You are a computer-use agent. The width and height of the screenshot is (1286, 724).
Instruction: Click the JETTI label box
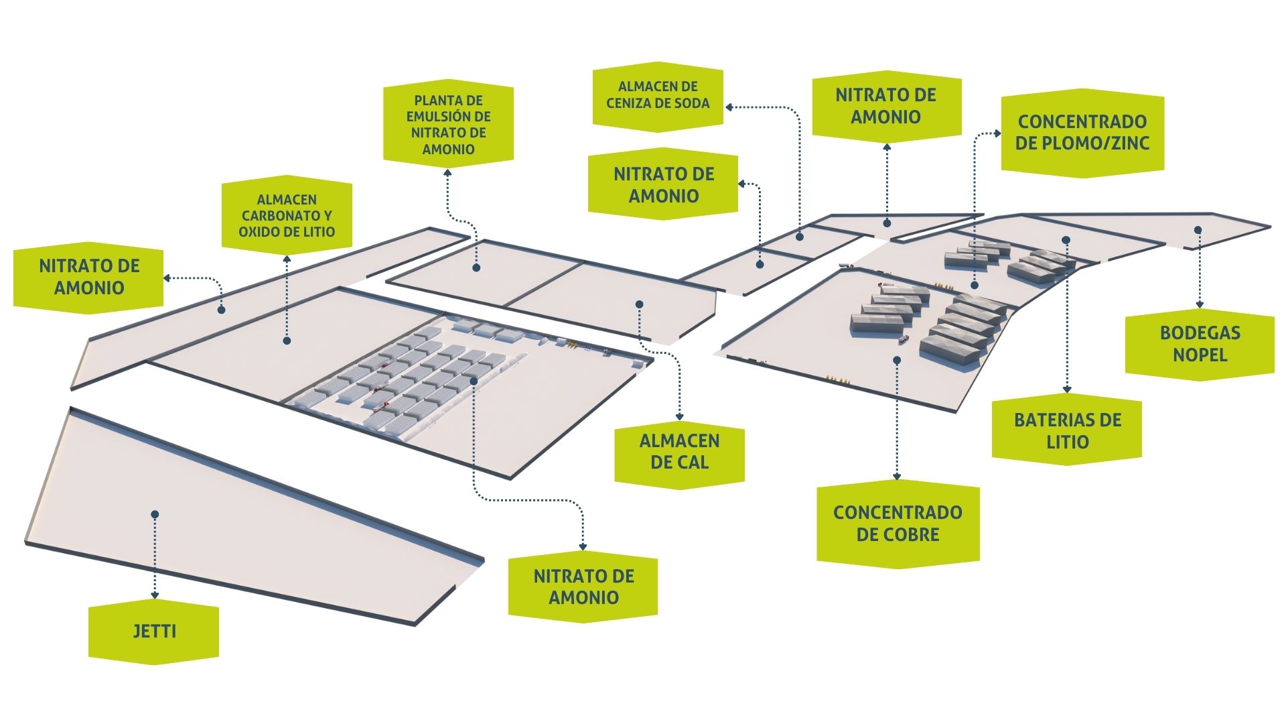tap(154, 631)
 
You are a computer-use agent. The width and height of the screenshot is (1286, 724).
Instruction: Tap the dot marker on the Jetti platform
tap(155, 514)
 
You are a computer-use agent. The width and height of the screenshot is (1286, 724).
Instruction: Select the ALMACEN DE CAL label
tap(679, 451)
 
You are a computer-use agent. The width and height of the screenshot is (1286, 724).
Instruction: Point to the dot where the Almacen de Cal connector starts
tap(639, 304)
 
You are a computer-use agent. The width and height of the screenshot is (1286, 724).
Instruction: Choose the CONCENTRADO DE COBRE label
tap(898, 524)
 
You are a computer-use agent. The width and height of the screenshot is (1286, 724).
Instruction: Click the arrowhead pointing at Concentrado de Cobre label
tap(898, 477)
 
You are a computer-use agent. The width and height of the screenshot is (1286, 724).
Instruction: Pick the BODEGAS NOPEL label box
tap(1200, 343)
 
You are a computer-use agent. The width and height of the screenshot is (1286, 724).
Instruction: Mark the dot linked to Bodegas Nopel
tap(1198, 230)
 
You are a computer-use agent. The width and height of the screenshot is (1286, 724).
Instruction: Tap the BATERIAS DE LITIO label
tap(1067, 430)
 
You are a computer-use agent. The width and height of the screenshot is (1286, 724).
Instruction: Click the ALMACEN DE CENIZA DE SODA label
tap(657, 95)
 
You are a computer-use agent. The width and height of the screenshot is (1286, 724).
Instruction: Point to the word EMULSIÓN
tap(449, 117)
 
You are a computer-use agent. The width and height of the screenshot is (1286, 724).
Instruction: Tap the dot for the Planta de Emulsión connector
tap(476, 267)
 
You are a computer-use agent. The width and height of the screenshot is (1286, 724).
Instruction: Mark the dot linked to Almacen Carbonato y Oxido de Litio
tap(287, 341)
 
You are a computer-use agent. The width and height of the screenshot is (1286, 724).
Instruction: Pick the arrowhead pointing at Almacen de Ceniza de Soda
tap(729, 107)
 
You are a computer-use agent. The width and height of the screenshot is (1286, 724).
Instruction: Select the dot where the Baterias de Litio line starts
tap(1066, 239)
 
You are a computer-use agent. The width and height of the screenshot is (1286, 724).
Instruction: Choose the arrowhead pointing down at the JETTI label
tap(155, 595)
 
